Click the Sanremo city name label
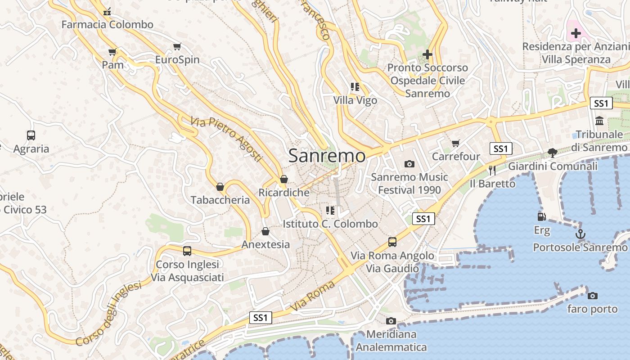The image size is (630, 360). (x=327, y=156)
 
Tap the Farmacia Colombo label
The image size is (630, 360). (x=107, y=24)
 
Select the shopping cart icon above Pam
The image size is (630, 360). (x=112, y=52)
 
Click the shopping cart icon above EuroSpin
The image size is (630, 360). (x=177, y=47)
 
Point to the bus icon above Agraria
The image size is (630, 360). (x=31, y=135)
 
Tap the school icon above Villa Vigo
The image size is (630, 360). (x=355, y=87)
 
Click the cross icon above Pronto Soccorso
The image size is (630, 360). (x=427, y=54)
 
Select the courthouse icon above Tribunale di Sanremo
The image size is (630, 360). (x=599, y=121)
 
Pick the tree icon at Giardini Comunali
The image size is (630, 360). (x=553, y=153)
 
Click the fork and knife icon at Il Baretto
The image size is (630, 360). (x=492, y=170)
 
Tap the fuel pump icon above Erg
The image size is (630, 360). (x=542, y=217)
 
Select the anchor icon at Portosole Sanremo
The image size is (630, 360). (x=580, y=234)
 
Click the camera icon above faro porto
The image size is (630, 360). (x=593, y=296)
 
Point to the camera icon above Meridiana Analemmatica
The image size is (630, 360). (x=391, y=321)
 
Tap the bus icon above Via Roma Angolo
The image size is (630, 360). (x=392, y=242)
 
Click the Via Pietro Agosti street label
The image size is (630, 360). (x=226, y=139)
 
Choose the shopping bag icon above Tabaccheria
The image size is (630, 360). (x=220, y=187)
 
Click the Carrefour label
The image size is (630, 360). (x=456, y=157)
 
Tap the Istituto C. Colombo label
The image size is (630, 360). (x=330, y=224)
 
